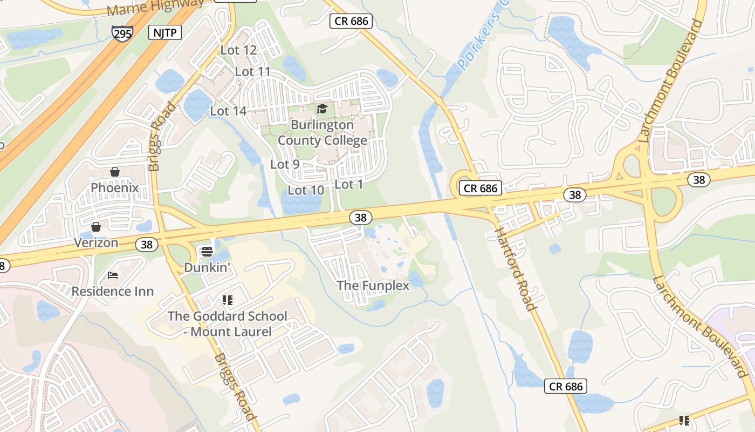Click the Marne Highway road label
click(155, 7)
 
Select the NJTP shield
click(164, 32)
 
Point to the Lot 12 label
click(238, 50)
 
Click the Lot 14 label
click(228, 111)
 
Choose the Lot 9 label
click(285, 164)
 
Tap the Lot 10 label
click(306, 190)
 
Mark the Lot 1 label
click(349, 184)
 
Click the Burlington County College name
click(322, 133)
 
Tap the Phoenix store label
click(115, 188)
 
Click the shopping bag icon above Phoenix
click(115, 172)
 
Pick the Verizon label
click(96, 242)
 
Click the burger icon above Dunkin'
click(207, 252)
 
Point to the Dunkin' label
click(207, 267)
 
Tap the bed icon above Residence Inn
click(113, 276)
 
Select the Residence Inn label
click(113, 292)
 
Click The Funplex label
click(373, 285)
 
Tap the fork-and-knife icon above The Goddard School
click(227, 300)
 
